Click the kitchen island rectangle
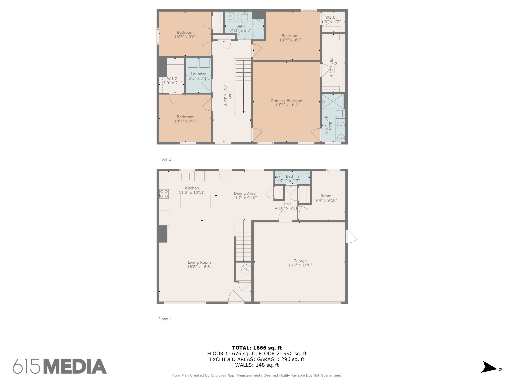click(x=196, y=201)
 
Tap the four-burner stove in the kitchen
click(x=164, y=194)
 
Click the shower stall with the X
click(x=333, y=101)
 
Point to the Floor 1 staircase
click(x=243, y=240)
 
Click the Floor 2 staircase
click(x=243, y=86)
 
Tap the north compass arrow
click(x=488, y=374)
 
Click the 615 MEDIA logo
click(x=60, y=366)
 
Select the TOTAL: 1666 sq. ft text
click(x=257, y=348)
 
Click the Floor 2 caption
click(x=165, y=159)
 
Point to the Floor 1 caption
click(x=165, y=319)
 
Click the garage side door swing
click(x=351, y=236)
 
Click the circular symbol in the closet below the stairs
click(x=246, y=270)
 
